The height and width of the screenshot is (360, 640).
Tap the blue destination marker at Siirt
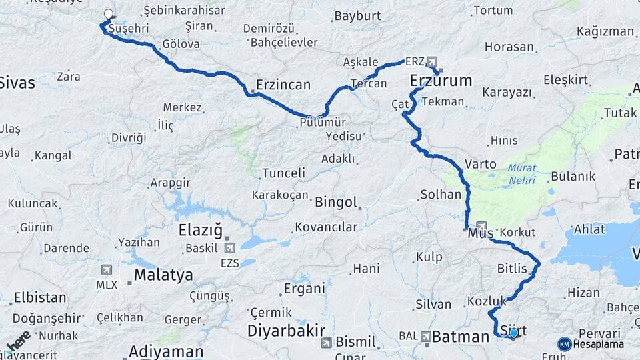(x=513, y=332)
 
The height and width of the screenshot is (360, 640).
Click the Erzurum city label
(x=441, y=81)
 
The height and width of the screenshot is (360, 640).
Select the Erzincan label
(x=283, y=85)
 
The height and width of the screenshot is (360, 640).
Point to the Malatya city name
(x=163, y=275)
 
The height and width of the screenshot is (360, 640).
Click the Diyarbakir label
(x=286, y=331)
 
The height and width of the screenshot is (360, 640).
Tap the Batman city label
(x=461, y=337)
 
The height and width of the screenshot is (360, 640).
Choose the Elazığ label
(x=200, y=231)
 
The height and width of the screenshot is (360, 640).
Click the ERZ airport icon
(x=432, y=61)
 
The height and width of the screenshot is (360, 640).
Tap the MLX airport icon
(x=106, y=270)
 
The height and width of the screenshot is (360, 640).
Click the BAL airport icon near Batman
(x=425, y=337)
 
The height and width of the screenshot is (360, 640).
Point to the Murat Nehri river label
(x=522, y=174)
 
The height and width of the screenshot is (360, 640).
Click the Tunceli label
(x=283, y=173)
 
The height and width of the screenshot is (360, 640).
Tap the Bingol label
(x=336, y=202)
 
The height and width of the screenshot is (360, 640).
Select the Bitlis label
(x=512, y=269)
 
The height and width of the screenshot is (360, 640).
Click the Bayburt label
(x=357, y=15)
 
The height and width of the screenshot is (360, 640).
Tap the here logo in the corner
(x=18, y=340)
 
